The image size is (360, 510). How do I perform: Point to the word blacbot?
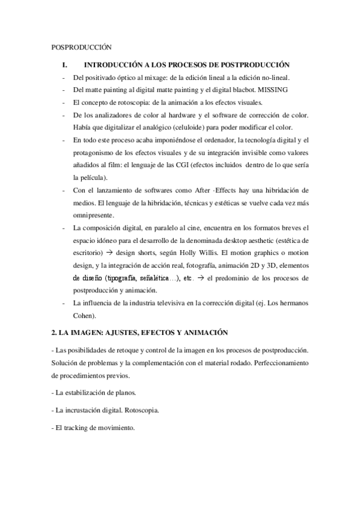coord(239,90)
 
